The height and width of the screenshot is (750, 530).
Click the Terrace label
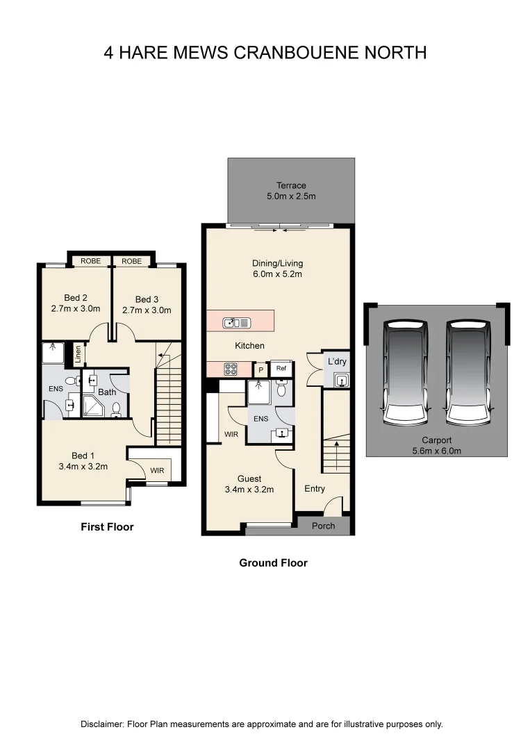[291, 185]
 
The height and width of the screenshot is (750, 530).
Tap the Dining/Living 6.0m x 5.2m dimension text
[277, 274]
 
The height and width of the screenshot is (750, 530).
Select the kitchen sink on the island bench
[236, 322]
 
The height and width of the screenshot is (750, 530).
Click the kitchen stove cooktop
[231, 369]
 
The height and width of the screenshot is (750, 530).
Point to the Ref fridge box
[281, 369]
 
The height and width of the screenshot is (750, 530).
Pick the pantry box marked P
[261, 370]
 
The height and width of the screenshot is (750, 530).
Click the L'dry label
[337, 362]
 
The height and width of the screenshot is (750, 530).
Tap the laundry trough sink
[340, 379]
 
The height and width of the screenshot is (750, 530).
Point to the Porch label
[323, 526]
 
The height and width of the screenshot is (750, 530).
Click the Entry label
[315, 489]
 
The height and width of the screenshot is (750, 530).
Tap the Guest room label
[249, 478]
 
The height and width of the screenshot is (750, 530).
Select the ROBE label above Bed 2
[90, 261]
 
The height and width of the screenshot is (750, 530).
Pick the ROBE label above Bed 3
[131, 261]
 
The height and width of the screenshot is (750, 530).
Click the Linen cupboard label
[78, 353]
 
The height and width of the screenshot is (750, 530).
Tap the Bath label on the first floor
[107, 392]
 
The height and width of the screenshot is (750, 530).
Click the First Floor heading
[107, 527]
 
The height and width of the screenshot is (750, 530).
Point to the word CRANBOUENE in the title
[297, 53]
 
